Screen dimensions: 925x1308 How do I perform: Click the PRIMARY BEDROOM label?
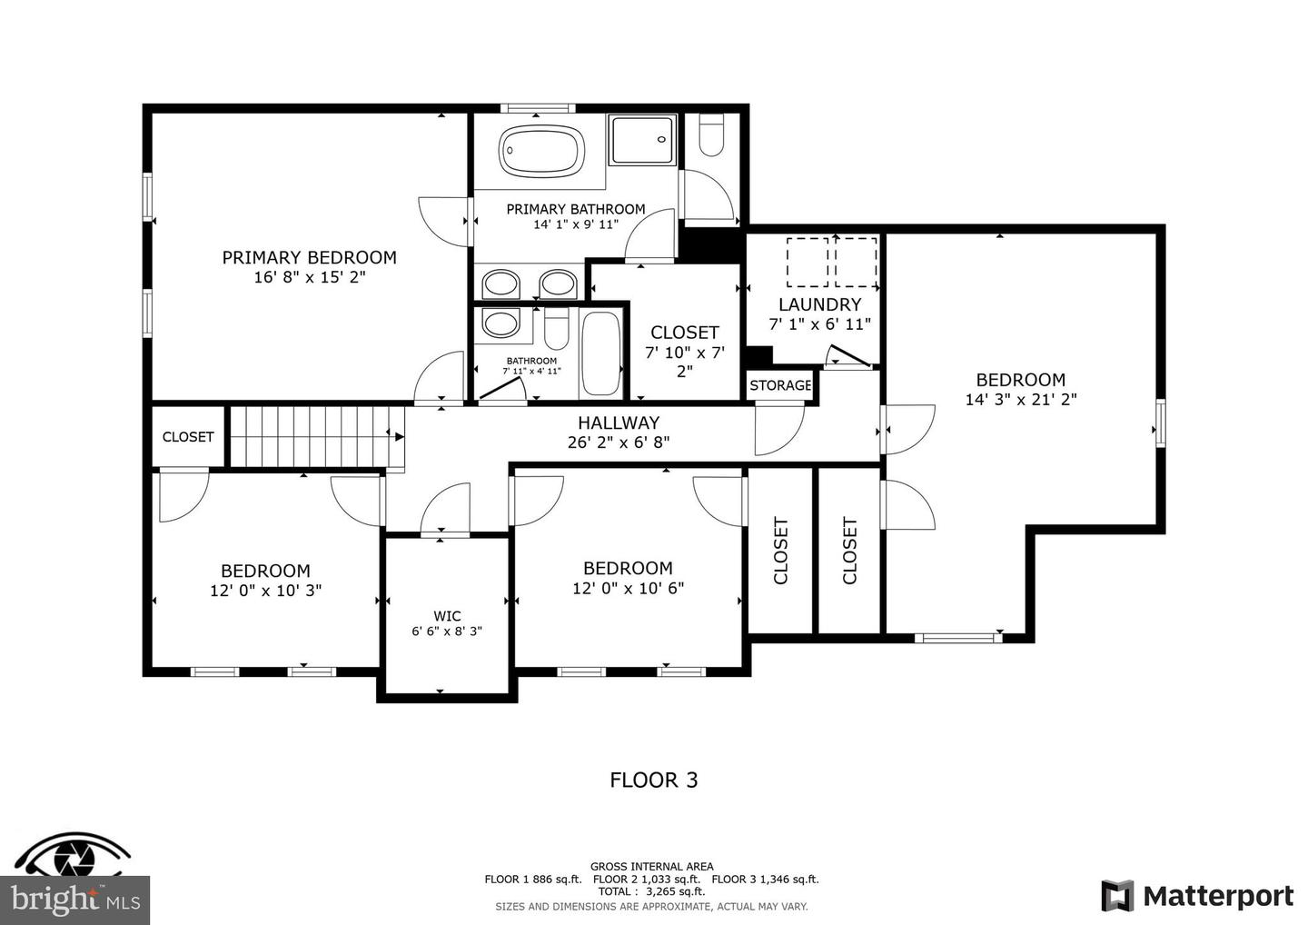click(309, 258)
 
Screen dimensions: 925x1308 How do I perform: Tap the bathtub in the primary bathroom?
click(541, 151)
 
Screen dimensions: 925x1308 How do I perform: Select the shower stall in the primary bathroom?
click(641, 140)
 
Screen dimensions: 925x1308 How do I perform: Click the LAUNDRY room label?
click(819, 304)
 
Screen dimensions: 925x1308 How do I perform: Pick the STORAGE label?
click(780, 385)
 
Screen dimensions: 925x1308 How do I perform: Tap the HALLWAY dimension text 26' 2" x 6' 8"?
click(619, 443)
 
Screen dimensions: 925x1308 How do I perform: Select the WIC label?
click(447, 616)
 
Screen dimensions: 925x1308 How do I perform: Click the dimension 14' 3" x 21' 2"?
click(1020, 399)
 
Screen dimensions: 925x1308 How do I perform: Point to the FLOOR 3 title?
click(653, 780)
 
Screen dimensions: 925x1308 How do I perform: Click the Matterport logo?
click(1197, 896)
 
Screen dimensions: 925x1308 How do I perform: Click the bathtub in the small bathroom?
click(600, 353)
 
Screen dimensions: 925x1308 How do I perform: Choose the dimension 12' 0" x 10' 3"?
click(265, 591)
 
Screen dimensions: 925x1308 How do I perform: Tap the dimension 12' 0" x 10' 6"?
click(628, 588)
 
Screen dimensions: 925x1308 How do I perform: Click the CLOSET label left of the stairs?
click(188, 437)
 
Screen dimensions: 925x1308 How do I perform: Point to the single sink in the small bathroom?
click(500, 323)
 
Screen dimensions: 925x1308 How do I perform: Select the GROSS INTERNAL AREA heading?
click(651, 867)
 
